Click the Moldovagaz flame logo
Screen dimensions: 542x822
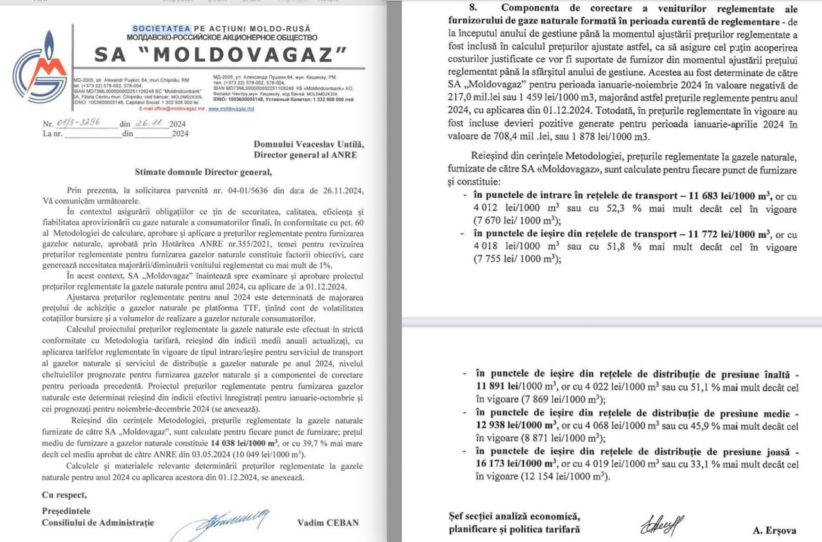(39, 72)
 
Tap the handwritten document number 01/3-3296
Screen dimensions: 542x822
(78, 123)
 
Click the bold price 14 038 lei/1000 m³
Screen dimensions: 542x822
(244, 443)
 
